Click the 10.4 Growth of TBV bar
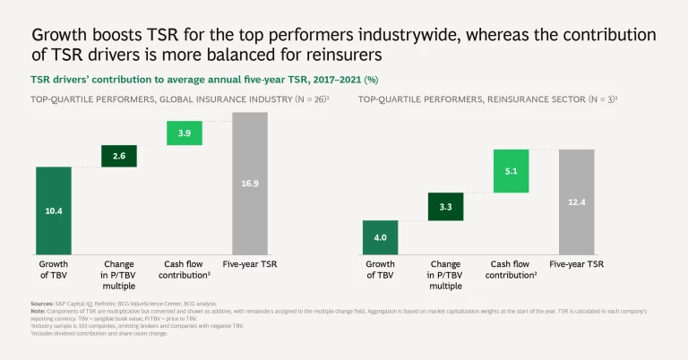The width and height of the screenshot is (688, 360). (53, 210)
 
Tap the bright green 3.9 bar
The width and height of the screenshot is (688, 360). (184, 132)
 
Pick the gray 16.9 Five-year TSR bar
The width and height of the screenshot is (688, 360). (250, 183)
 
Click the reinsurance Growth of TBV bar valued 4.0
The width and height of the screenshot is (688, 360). (380, 237)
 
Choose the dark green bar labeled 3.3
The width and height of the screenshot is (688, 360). (445, 206)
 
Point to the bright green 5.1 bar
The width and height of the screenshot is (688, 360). (511, 170)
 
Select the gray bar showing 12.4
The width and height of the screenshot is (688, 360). (577, 201)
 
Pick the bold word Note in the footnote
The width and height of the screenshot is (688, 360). (39, 312)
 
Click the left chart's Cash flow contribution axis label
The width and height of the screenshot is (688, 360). (185, 270)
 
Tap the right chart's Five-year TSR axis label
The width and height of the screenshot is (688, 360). (577, 264)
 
